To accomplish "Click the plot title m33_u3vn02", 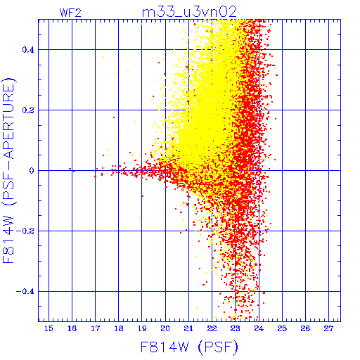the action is click(x=189, y=12).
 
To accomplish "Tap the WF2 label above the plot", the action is click(x=70, y=13).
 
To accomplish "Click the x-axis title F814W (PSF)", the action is click(x=189, y=347).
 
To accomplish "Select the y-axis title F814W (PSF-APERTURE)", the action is click(x=9, y=170).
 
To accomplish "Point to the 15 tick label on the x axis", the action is click(x=49, y=328).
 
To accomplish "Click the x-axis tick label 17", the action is click(x=95, y=328).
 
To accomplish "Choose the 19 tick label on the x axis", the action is click(x=142, y=328).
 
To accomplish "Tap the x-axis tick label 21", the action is click(x=188, y=328).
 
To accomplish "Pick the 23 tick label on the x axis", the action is click(x=235, y=328).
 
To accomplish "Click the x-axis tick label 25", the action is click(x=282, y=328).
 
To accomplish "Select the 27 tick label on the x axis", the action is click(x=328, y=328).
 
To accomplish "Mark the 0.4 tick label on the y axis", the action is click(x=28, y=50).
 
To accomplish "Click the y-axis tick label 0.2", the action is click(x=28, y=110).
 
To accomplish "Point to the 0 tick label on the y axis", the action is click(x=32, y=171).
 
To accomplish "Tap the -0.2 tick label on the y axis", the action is click(x=25, y=231).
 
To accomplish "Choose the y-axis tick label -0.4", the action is click(x=25, y=292).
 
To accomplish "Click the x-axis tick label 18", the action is click(x=119, y=328).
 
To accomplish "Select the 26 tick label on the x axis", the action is click(x=305, y=328).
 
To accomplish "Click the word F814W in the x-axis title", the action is click(x=165, y=347).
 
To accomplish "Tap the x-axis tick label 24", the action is click(x=259, y=328).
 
